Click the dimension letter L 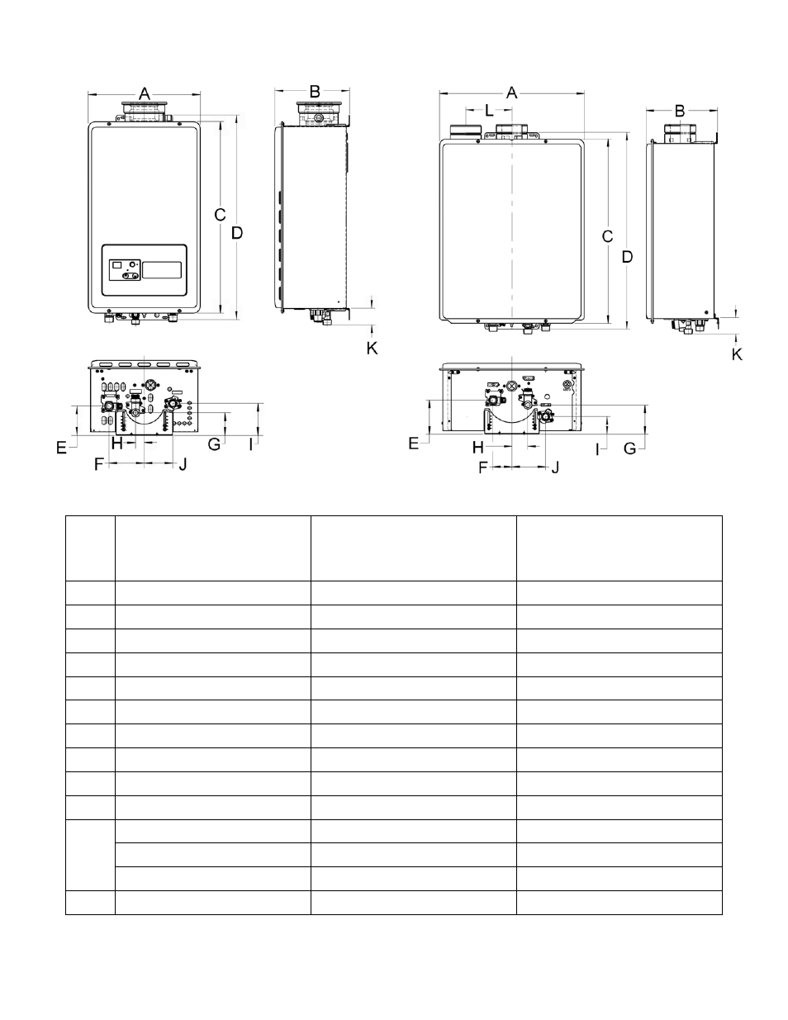tap(489, 111)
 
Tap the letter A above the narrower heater tap(145, 94)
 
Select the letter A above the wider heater tap(511, 93)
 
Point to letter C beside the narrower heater tap(220, 215)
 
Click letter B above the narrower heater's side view tap(315, 92)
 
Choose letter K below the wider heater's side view tap(737, 355)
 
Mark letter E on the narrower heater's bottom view tap(61, 448)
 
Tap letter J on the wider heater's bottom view tap(555, 467)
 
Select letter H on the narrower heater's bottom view tap(116, 443)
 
